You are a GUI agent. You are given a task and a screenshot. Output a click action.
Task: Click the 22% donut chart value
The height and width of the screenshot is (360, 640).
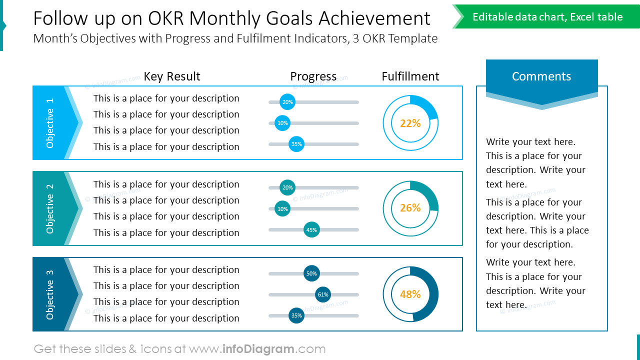410,123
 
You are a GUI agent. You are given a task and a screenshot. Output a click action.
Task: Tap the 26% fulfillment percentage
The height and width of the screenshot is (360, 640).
410,208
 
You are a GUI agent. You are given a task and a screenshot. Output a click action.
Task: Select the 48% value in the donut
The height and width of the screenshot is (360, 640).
410,294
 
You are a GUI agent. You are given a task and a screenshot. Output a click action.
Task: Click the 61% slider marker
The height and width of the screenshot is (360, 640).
323,294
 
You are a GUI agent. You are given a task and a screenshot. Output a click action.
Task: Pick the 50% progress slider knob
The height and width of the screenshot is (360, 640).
311,273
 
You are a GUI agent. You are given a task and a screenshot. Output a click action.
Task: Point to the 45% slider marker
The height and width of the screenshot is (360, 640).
311,230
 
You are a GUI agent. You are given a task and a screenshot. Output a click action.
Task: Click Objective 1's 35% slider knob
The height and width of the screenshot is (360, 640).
296,144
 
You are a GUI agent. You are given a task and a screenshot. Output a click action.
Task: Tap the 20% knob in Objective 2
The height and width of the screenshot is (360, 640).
287,188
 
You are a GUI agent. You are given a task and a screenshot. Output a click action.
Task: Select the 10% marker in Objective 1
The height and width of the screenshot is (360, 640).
282,123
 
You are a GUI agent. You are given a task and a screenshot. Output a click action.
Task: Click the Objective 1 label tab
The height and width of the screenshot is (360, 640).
50,123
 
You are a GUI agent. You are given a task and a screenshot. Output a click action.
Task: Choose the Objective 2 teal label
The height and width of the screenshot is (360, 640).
50,208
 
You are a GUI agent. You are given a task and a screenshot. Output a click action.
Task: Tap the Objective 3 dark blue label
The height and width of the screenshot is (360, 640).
50,294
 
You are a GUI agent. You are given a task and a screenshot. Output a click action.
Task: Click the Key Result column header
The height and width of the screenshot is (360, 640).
172,76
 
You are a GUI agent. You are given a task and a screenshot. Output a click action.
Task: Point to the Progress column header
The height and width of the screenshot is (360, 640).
313,76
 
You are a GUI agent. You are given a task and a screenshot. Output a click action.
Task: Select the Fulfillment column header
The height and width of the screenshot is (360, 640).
410,76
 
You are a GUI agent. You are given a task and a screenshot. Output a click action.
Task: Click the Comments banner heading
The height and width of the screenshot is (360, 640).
541,76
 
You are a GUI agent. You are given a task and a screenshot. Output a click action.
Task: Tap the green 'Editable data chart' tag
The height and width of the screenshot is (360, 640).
547,17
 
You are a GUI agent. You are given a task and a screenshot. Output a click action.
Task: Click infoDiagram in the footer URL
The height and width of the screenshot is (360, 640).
258,349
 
